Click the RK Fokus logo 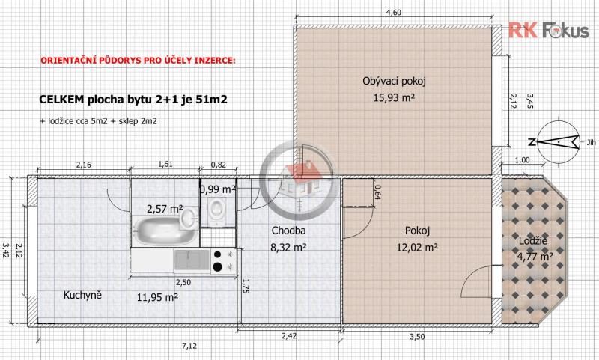tap(549, 30)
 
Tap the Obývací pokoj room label tap(394, 81)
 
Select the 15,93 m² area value tap(394, 98)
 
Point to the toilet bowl tap(216, 210)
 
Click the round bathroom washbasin tap(188, 219)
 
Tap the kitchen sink tap(192, 260)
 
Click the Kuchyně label tap(82, 295)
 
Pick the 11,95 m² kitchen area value tap(157, 297)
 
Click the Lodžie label tap(532, 241)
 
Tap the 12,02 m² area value tap(417, 248)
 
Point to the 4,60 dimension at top tap(394, 12)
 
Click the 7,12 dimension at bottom tap(189, 346)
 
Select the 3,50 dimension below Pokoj tap(417, 336)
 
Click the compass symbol tap(558, 142)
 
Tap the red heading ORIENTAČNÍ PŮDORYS tap(138, 61)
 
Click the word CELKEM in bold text tap(61, 100)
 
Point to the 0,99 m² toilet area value tap(217, 189)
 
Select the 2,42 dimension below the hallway tap(289, 336)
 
